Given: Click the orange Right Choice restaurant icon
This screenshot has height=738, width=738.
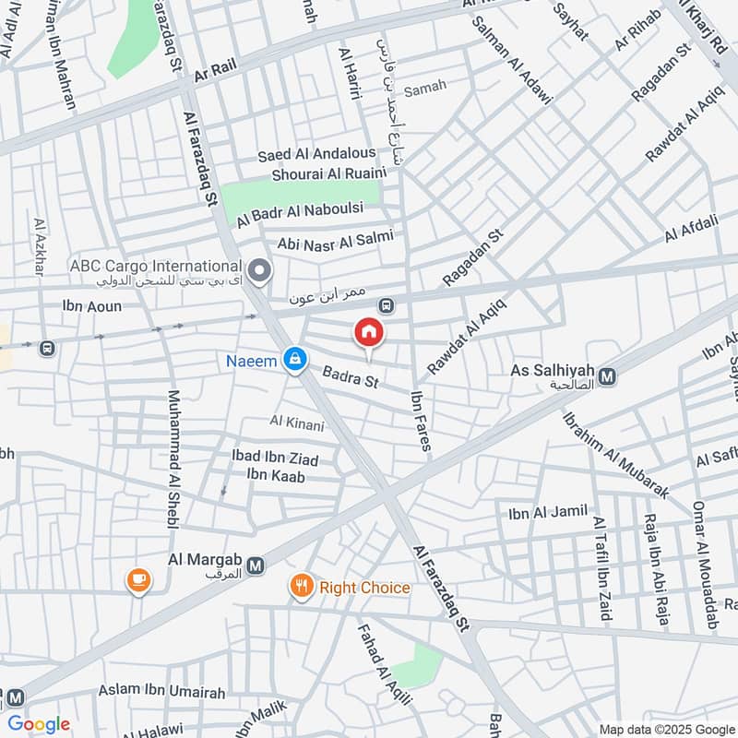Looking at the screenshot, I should (x=301, y=587).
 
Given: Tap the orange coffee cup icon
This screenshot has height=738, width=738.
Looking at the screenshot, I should (x=139, y=579).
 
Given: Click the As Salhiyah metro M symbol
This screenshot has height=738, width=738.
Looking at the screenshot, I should (x=607, y=375).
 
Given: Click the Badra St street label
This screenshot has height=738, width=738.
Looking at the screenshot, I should (x=351, y=377).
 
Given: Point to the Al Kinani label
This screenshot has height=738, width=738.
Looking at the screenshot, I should (x=296, y=423).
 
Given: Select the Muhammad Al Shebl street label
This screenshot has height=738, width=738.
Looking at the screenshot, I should (x=172, y=458).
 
